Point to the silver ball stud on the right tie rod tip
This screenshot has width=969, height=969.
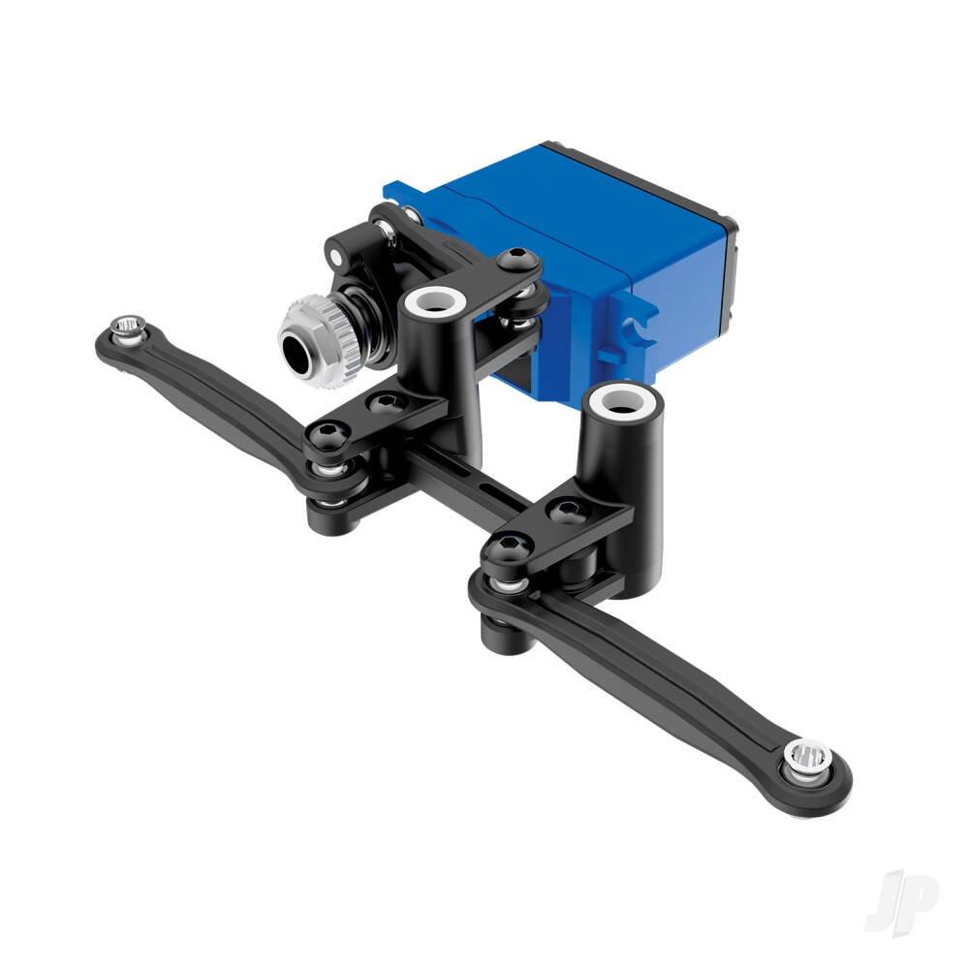[x=808, y=757]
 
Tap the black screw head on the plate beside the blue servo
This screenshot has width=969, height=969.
[x=516, y=258]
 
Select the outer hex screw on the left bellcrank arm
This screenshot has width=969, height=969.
[x=325, y=435]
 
